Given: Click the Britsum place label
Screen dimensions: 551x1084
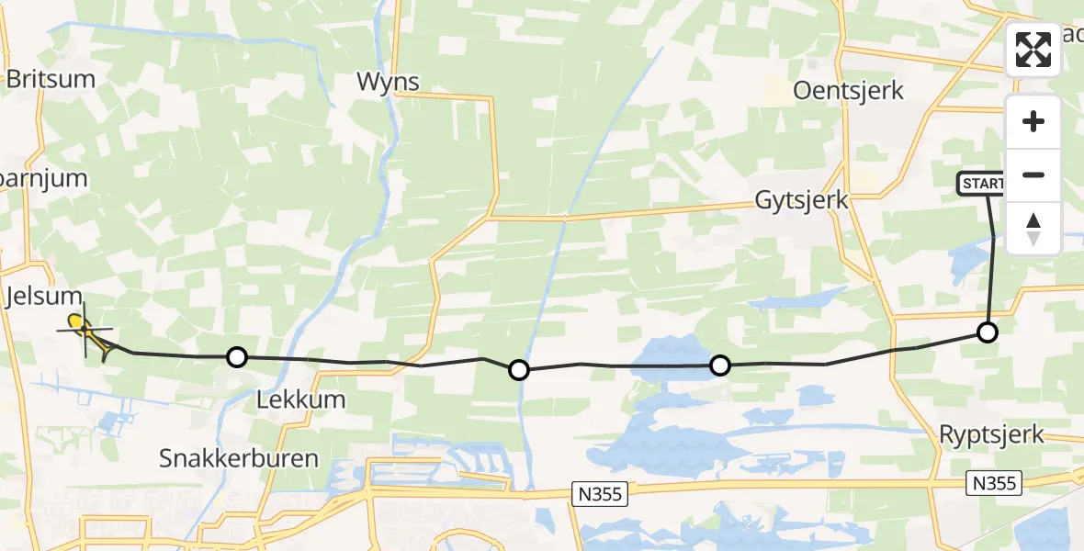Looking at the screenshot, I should pyautogui.click(x=51, y=79).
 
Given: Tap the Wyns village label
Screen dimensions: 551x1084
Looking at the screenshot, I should pyautogui.click(x=388, y=82).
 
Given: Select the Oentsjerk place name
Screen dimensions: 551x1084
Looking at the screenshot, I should pyautogui.click(x=848, y=91).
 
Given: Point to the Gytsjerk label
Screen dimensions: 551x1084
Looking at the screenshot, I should pyautogui.click(x=801, y=199).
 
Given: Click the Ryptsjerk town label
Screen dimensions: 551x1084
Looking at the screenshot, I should pyautogui.click(x=991, y=434).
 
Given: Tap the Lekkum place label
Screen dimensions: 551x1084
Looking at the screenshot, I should pyautogui.click(x=302, y=399).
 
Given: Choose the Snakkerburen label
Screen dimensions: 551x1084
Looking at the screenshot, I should pyautogui.click(x=239, y=458).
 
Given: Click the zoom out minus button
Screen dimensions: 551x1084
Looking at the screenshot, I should pyautogui.click(x=1033, y=174).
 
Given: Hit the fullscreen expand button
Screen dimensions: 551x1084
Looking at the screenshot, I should pyautogui.click(x=1033, y=50).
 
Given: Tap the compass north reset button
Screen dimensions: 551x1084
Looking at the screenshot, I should pyautogui.click(x=1033, y=228).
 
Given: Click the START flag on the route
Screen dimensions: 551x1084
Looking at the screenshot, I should pyautogui.click(x=981, y=184).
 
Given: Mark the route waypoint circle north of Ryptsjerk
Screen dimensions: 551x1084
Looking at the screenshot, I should pyautogui.click(x=987, y=332).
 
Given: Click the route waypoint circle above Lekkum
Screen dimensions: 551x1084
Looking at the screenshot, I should pyautogui.click(x=237, y=356).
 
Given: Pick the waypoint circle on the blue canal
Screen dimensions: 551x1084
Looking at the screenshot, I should pyautogui.click(x=519, y=370).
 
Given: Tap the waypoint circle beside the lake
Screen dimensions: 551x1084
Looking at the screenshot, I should pyautogui.click(x=720, y=365).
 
